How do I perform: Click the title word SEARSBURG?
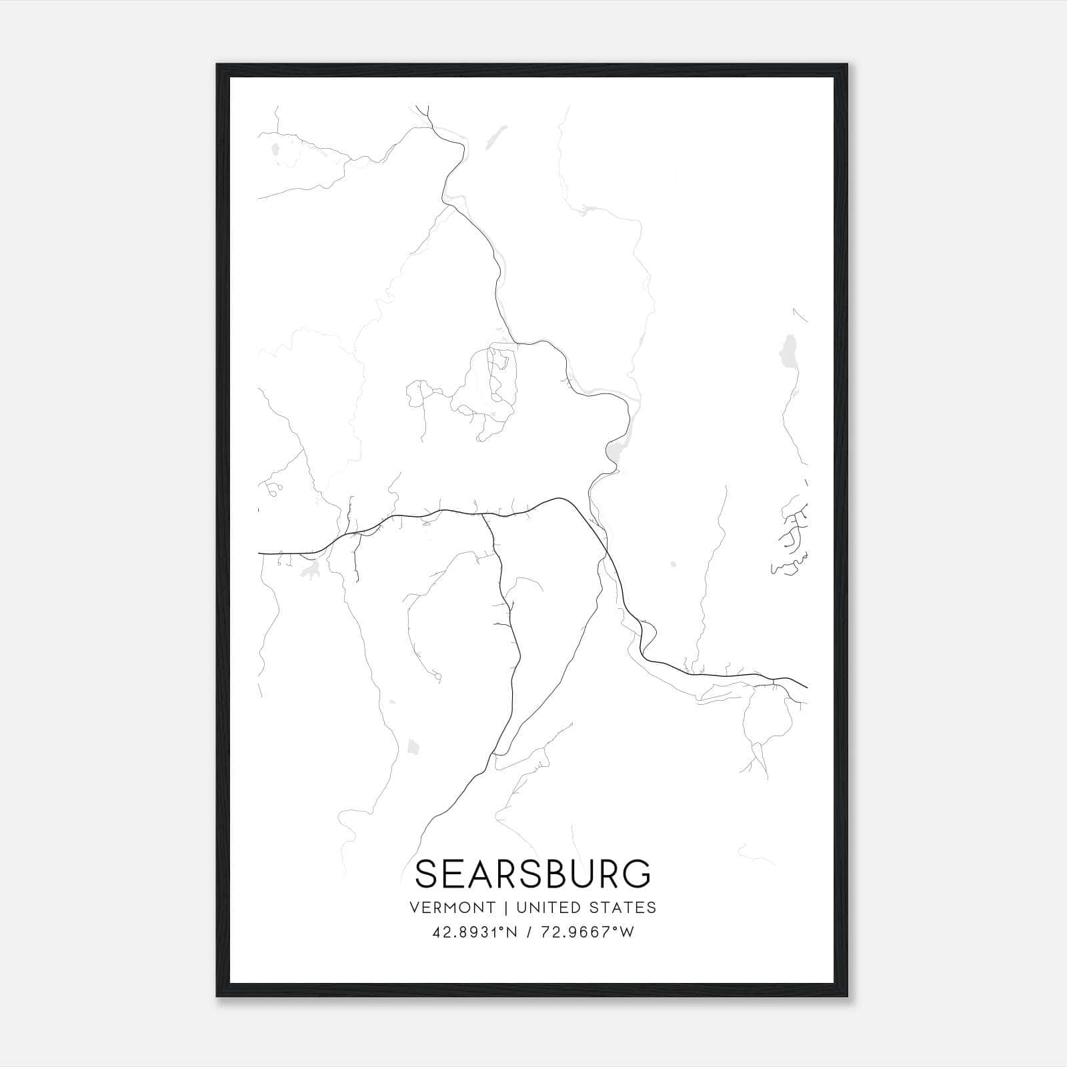point(532,874)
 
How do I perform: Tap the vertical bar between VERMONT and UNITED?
point(505,908)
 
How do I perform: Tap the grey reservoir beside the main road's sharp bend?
point(614,453)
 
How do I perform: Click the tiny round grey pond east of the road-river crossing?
point(673,564)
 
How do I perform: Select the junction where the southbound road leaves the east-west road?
point(483,515)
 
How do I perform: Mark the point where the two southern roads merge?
point(493,754)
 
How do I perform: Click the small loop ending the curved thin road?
point(437,678)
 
